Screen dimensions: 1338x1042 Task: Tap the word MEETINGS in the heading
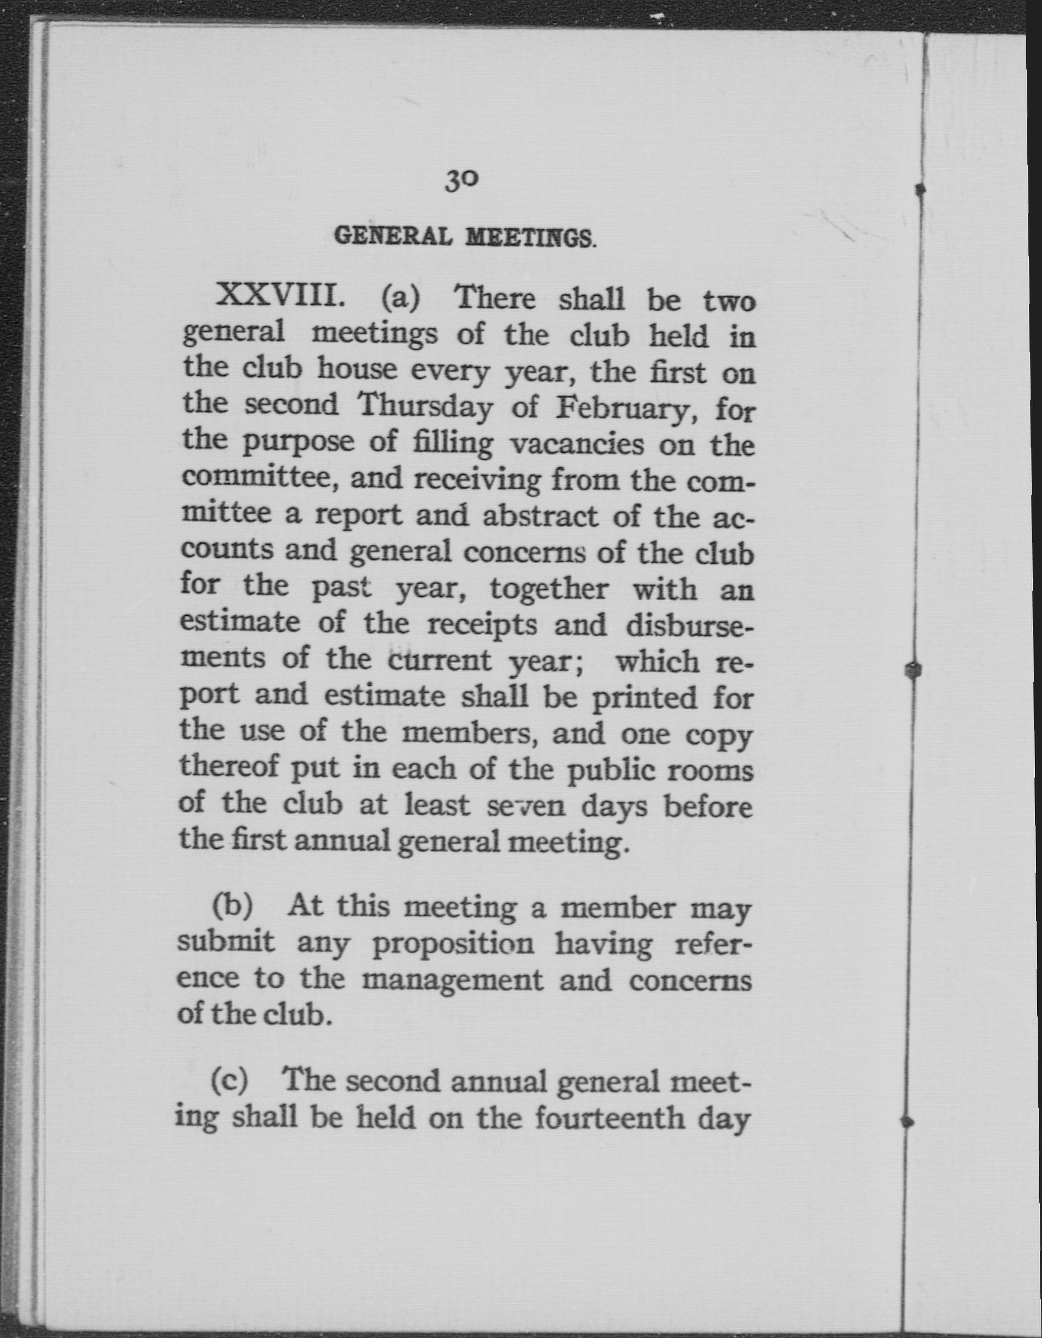point(529,238)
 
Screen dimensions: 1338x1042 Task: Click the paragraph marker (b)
point(231,906)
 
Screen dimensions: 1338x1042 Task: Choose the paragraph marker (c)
point(230,1081)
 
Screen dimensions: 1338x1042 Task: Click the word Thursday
point(425,407)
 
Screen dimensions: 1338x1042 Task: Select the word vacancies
point(577,444)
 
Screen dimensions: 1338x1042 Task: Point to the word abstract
point(540,516)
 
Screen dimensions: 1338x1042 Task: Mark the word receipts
point(482,624)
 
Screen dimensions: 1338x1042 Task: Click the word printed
point(644,698)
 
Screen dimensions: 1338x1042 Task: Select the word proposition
point(453,945)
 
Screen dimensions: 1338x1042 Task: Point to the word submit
point(226,942)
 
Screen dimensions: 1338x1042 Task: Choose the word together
point(548,589)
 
